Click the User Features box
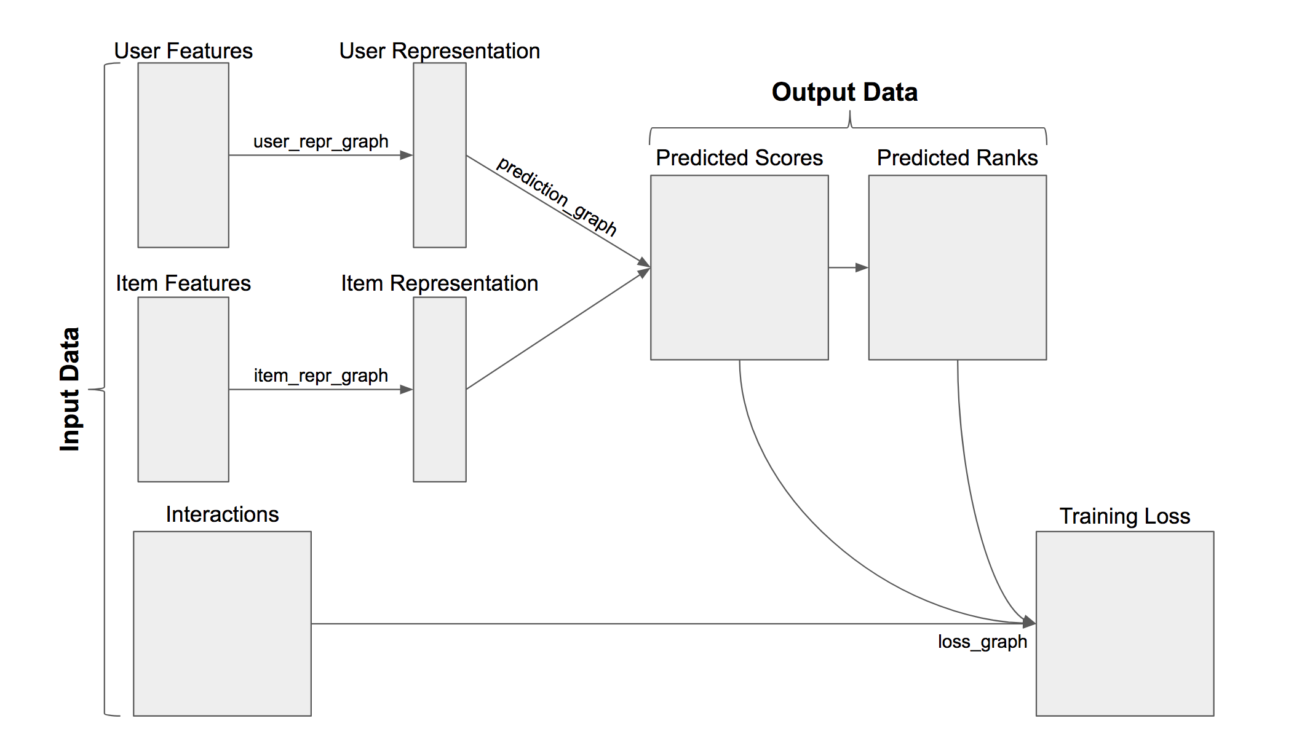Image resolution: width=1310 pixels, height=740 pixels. pos(183,155)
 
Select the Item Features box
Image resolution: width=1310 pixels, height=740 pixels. pos(183,390)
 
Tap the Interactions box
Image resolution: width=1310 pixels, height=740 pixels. pos(222,623)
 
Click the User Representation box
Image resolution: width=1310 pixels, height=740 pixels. pos(439,155)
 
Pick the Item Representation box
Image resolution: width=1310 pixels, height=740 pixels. pos(439,390)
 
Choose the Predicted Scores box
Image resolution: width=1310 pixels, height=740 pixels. pos(739,267)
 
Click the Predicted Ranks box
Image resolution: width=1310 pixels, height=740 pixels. pos(957,267)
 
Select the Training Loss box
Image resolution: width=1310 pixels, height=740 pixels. pos(1124,623)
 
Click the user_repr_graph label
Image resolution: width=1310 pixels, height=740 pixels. pos(320,141)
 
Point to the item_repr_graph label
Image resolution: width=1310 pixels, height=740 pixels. pos(320,376)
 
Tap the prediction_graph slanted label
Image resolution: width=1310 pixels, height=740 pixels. pos(557,196)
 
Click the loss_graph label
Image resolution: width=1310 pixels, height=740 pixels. pos(982,642)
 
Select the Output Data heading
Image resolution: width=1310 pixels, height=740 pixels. pos(844,92)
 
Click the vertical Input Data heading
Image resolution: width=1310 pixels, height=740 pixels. pos(69,389)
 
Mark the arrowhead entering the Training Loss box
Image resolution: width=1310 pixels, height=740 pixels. pos(1029,623)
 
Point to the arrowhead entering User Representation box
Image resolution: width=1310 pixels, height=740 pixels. pos(406,155)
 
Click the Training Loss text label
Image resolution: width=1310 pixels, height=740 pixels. pos(1124,516)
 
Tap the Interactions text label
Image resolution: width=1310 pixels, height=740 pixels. pos(222,514)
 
